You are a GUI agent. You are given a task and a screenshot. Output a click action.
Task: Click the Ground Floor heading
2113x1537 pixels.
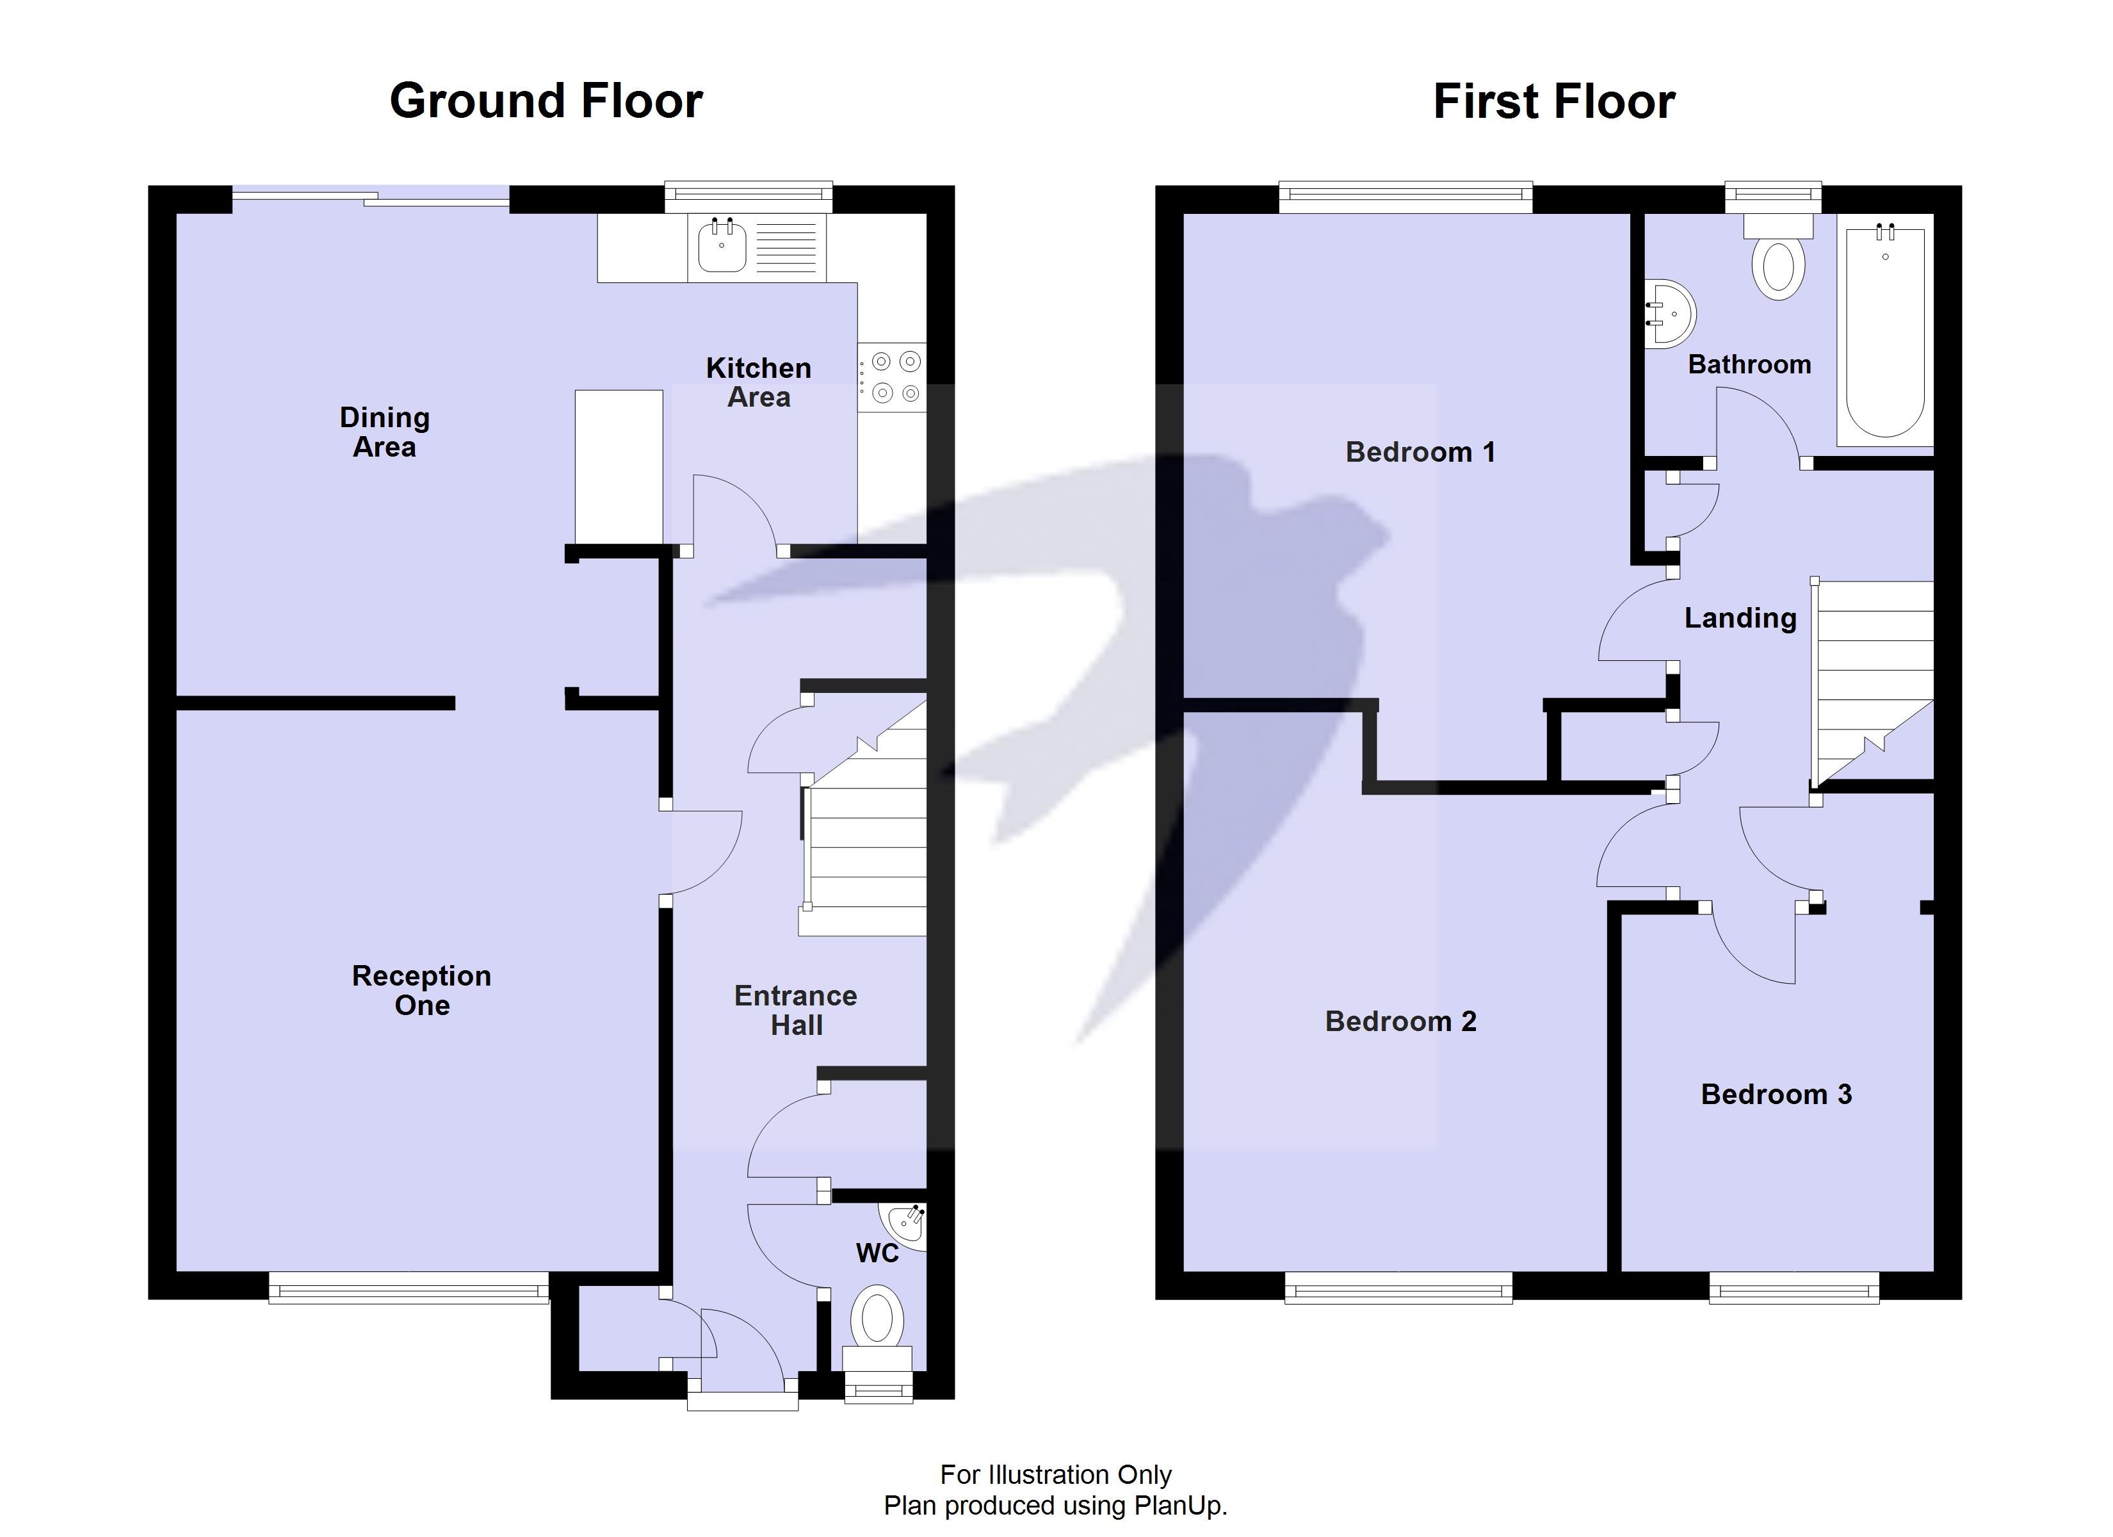click(546, 101)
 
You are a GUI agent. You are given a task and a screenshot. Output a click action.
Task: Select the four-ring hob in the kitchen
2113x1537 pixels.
click(893, 377)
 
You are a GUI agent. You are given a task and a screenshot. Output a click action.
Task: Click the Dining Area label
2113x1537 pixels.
click(385, 432)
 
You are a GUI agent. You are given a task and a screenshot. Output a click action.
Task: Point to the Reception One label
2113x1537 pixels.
click(421, 990)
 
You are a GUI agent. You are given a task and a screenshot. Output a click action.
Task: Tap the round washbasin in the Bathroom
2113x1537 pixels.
click(1669, 314)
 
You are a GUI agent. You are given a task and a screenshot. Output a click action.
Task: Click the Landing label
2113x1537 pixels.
click(1740, 618)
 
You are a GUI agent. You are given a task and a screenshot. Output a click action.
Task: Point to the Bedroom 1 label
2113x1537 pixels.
click(1420, 452)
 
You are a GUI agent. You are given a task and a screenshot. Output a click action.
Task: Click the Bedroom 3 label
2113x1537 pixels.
click(1776, 1094)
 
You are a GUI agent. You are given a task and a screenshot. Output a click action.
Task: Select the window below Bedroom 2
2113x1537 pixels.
click(1398, 1291)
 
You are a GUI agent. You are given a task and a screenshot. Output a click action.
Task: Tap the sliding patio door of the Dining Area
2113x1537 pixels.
click(371, 197)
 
